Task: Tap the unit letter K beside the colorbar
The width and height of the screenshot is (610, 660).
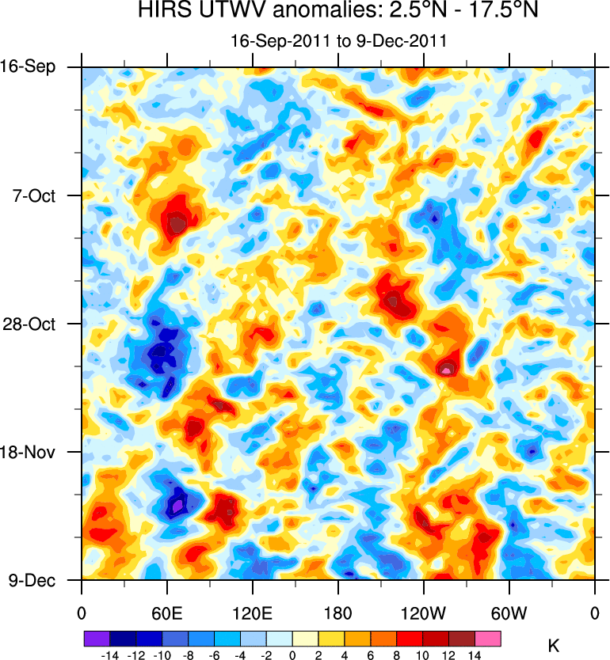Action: tap(554, 647)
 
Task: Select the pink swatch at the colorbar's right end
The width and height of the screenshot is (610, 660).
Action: tap(487, 638)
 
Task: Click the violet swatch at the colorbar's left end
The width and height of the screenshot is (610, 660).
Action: tap(96, 638)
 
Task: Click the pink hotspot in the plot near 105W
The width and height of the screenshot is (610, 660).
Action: tap(447, 369)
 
